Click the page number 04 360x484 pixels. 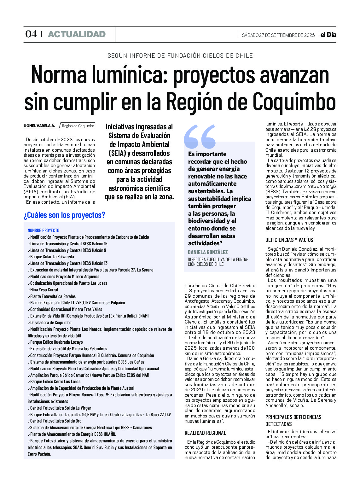[x=31, y=34]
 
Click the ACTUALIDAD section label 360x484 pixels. [x=77, y=34]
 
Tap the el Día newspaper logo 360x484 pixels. [x=328, y=35]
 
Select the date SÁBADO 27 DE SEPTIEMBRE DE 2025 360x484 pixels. [x=278, y=35]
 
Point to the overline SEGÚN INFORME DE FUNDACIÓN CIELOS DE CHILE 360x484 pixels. [x=180, y=56]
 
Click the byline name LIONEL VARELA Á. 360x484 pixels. [x=39, y=126]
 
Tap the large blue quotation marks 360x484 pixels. [x=200, y=136]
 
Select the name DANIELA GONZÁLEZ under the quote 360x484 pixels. [x=208, y=252]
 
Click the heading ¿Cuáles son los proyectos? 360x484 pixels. [x=64, y=215]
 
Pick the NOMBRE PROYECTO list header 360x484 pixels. [x=44, y=230]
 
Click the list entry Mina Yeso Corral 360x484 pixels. [x=44, y=290]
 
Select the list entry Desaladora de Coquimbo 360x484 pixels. [x=50, y=323]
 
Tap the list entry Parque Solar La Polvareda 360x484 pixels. [x=52, y=257]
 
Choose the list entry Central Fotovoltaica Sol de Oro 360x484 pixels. [x=55, y=421]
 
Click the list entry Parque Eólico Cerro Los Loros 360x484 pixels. [x=55, y=382]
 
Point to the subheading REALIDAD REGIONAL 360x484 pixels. [x=205, y=433]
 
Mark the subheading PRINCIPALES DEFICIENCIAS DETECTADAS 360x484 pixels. [x=293, y=421]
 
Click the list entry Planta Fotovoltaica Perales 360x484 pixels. [x=53, y=296]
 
